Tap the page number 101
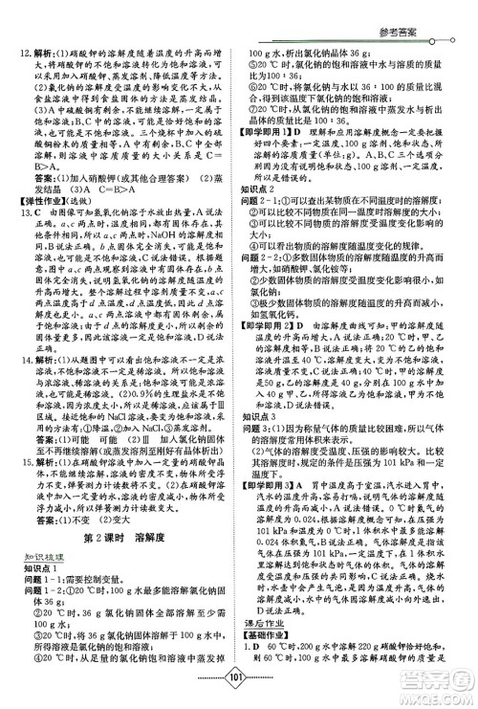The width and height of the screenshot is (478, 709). coord(239,681)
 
